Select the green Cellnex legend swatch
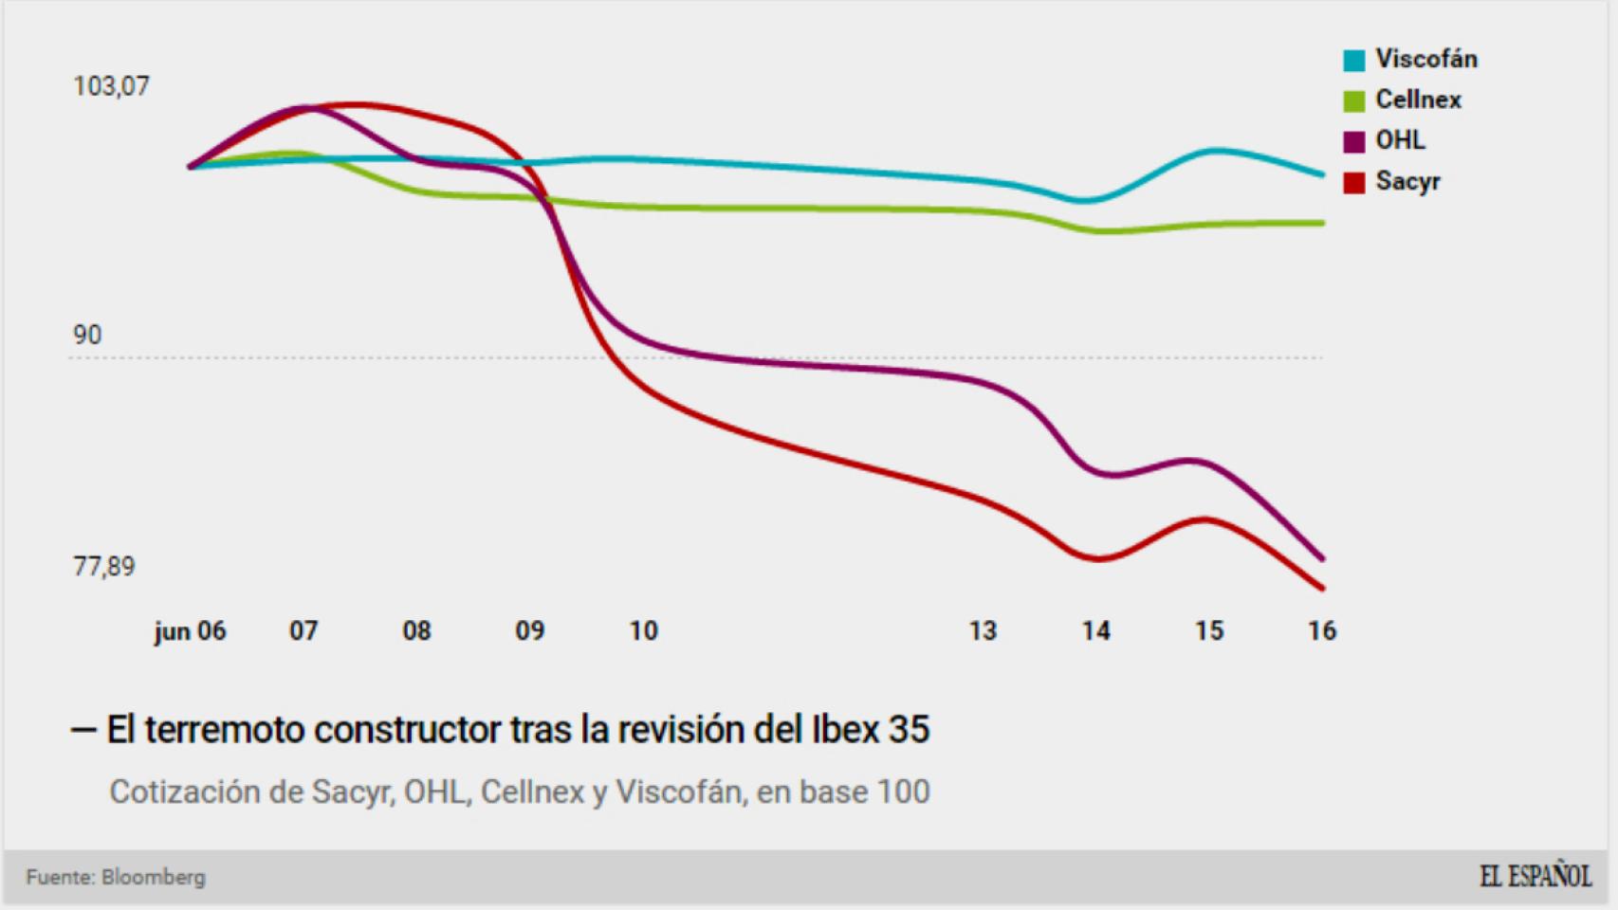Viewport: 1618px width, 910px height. [x=1353, y=100]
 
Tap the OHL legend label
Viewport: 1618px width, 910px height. [x=1400, y=140]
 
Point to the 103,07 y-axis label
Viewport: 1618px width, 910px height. [x=111, y=86]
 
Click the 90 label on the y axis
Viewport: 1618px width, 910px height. [x=87, y=335]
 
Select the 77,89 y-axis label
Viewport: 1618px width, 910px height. [x=104, y=566]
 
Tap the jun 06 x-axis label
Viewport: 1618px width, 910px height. [x=190, y=631]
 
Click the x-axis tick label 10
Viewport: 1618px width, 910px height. [x=643, y=631]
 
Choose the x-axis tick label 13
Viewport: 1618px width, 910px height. [x=983, y=631]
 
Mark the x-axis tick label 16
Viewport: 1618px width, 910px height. [x=1321, y=631]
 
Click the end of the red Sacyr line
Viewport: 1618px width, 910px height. [x=1322, y=589]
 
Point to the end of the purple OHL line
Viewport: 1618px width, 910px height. [x=1322, y=558]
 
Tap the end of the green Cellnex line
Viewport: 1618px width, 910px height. [x=1322, y=223]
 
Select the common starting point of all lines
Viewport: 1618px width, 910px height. [x=191, y=166]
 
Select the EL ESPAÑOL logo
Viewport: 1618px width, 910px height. [x=1535, y=876]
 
